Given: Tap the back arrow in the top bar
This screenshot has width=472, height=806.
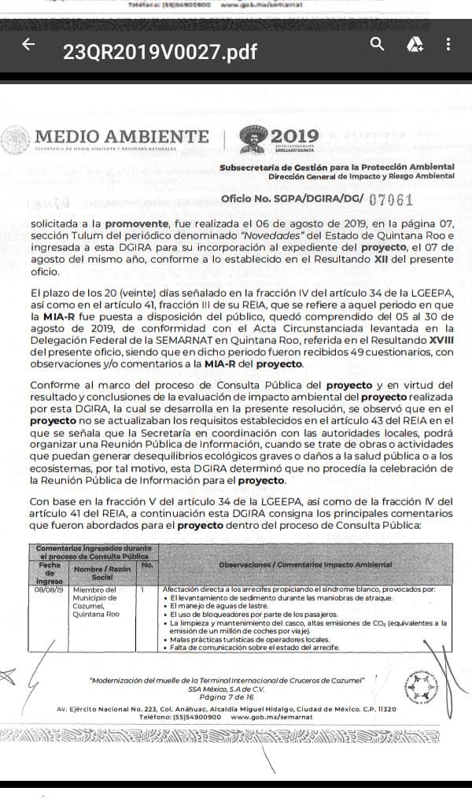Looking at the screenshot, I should click(x=29, y=45).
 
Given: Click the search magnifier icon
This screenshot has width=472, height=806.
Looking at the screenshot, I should click(x=378, y=44).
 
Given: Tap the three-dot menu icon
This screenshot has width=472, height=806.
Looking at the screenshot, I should click(x=448, y=44).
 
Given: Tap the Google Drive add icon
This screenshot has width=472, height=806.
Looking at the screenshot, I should click(x=415, y=45).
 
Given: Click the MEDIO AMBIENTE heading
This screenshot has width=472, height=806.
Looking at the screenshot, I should click(x=122, y=137).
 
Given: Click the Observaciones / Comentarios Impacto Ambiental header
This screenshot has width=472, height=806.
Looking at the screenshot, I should click(x=306, y=565).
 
